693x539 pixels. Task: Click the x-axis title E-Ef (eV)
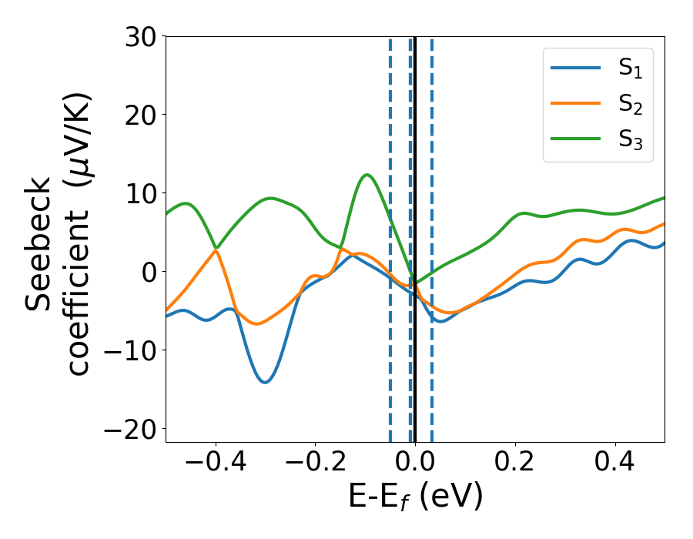415,497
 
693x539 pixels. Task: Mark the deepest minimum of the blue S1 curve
265,382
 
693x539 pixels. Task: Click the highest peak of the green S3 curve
367,175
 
